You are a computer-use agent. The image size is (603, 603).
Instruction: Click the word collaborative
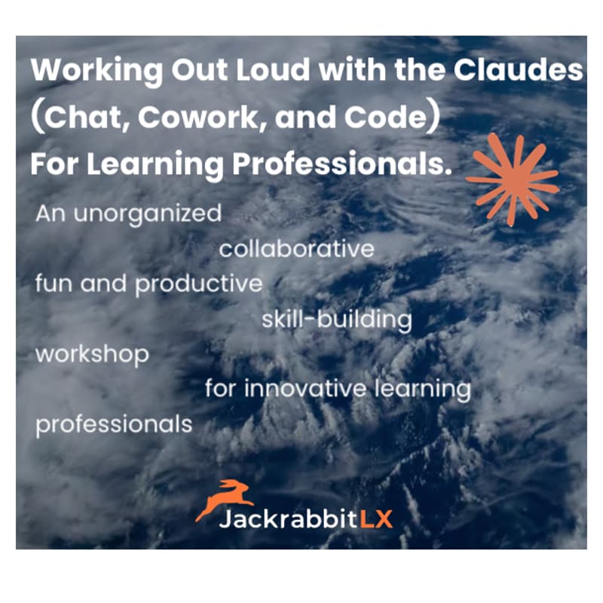tap(296, 249)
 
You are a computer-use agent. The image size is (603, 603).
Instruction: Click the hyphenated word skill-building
tap(336, 320)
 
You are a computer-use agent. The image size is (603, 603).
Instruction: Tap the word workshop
tap(92, 354)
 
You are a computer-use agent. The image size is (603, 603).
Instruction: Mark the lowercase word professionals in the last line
tap(114, 424)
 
